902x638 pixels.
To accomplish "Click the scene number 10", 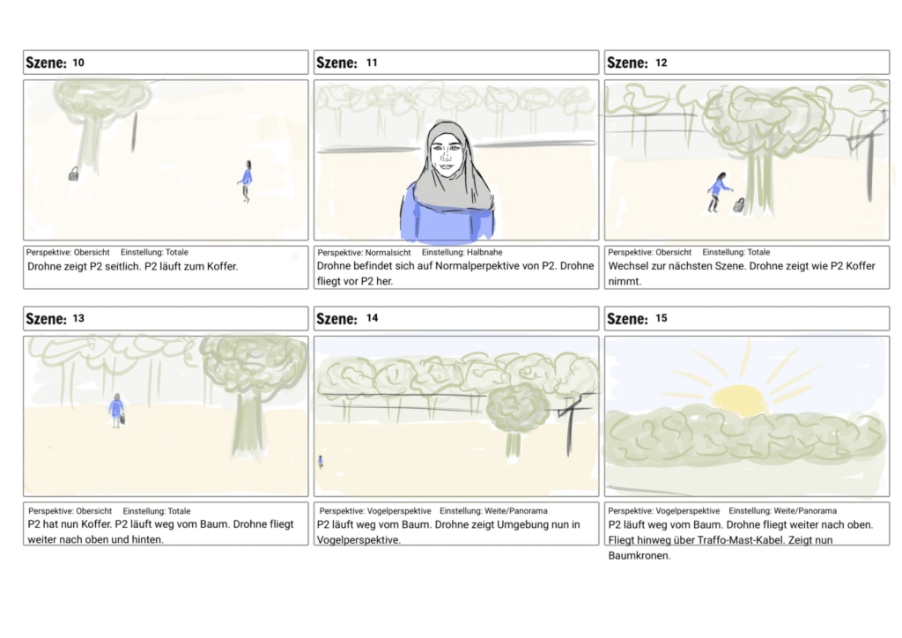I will [78, 63].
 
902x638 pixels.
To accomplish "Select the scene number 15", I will [661, 318].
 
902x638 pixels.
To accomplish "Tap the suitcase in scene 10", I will [73, 174].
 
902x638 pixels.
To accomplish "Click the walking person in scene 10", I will [246, 180].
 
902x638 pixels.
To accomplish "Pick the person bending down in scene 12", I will [718, 191].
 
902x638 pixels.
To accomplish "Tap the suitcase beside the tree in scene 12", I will [739, 205].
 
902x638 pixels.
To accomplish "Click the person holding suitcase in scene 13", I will [116, 410].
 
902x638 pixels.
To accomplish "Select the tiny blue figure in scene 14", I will [320, 461].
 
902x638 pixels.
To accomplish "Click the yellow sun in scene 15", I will [738, 399].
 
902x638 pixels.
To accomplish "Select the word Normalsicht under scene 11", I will [388, 253].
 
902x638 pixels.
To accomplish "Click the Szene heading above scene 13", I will [46, 318].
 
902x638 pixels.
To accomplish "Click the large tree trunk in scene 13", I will [248, 423].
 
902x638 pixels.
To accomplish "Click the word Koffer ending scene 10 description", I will [220, 266].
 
